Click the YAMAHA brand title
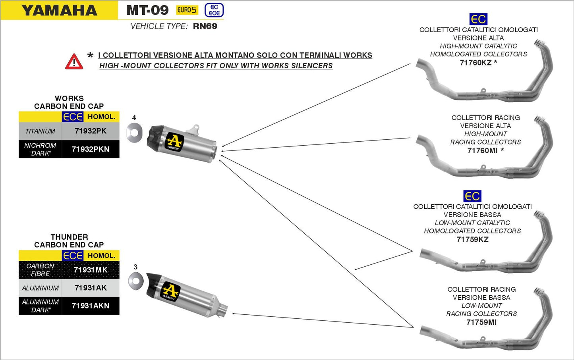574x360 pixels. click(x=59, y=10)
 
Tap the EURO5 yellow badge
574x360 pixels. click(x=187, y=10)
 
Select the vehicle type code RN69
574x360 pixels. click(x=205, y=26)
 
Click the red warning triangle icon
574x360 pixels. click(x=74, y=62)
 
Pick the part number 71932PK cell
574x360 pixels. click(x=91, y=131)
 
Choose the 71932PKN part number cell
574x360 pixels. click(x=91, y=149)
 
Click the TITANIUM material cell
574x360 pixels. click(x=40, y=131)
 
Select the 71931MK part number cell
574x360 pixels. click(x=91, y=270)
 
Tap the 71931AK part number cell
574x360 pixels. click(x=91, y=288)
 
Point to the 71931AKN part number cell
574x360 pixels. click(x=91, y=306)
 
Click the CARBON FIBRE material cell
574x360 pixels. click(x=40, y=270)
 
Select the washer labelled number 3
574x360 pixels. click(x=136, y=281)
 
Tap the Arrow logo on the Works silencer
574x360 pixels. click(x=174, y=142)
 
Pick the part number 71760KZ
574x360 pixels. click(x=475, y=63)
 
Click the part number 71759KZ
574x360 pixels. click(x=472, y=239)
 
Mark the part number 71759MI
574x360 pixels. click(x=481, y=322)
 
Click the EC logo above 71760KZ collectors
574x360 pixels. click(x=478, y=19)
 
